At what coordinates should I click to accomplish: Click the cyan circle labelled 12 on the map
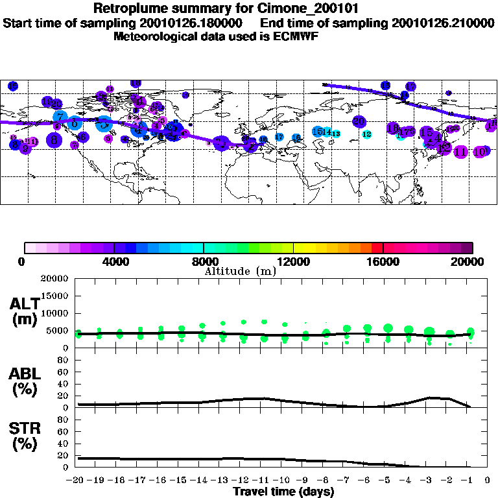click(x=367, y=134)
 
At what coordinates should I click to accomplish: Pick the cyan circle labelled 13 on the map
click(x=336, y=134)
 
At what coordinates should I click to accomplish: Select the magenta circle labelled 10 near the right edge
click(x=480, y=152)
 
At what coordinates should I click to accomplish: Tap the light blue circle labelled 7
click(x=60, y=117)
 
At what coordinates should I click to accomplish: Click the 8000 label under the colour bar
click(x=203, y=261)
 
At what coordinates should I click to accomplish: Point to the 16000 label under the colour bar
click(x=383, y=261)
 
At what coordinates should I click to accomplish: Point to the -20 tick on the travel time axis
click(x=77, y=480)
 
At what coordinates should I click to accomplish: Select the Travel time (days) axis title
click(x=283, y=492)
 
